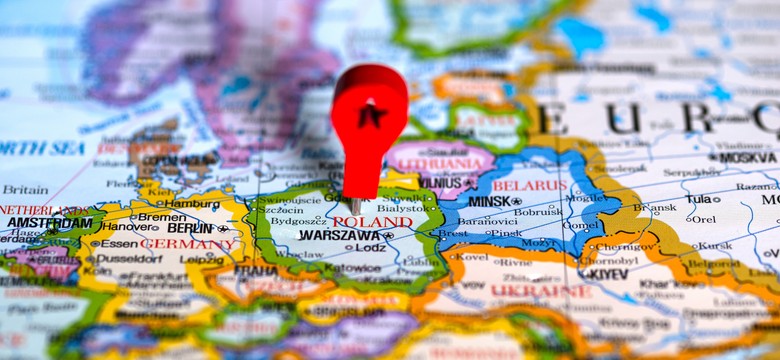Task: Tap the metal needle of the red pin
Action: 355,205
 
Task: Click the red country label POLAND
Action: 372,222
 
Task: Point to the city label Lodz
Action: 370,247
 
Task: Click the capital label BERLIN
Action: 191,228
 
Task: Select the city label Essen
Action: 119,243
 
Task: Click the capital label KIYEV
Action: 604,273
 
